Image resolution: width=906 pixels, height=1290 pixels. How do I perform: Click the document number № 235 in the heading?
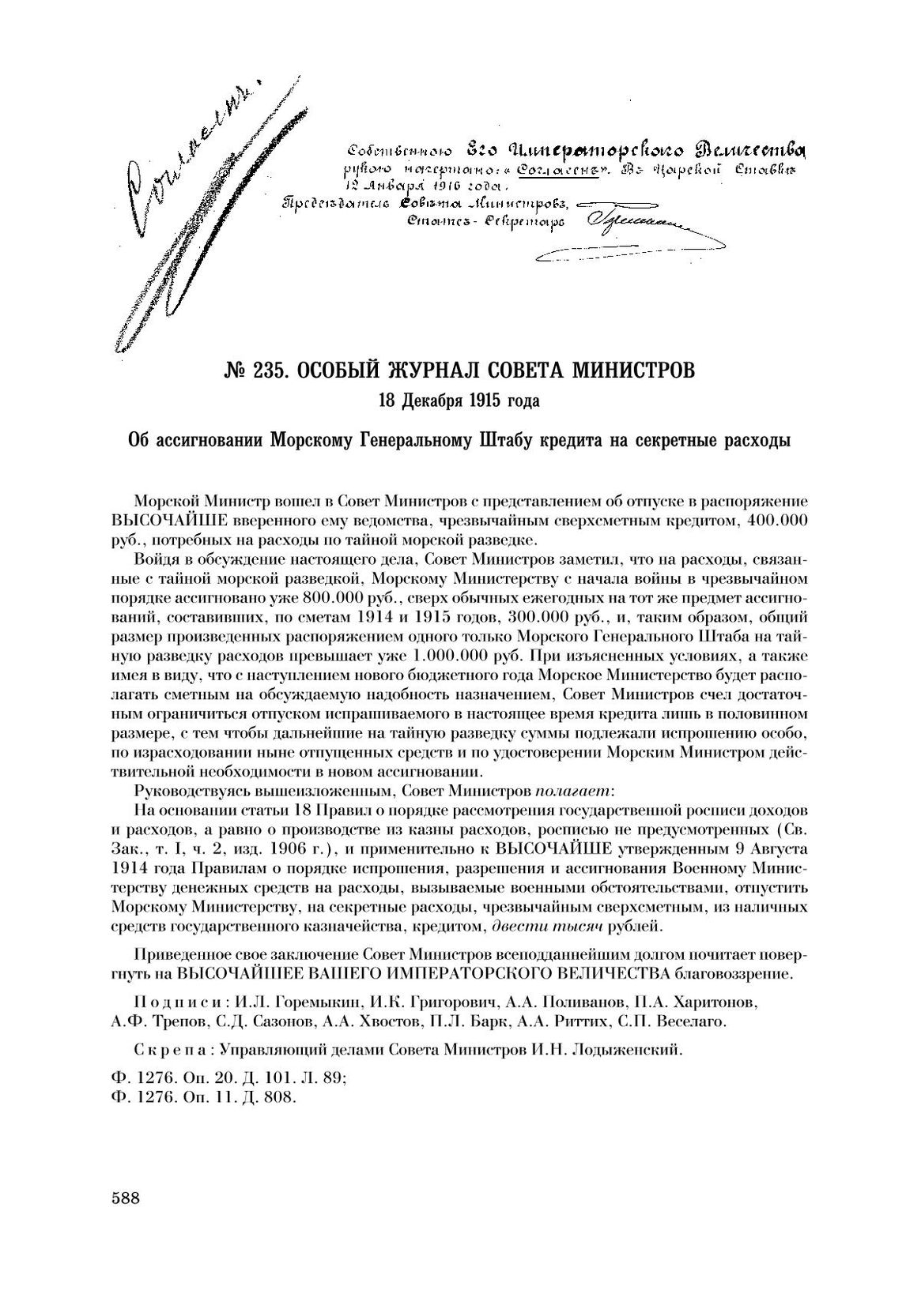click(251, 369)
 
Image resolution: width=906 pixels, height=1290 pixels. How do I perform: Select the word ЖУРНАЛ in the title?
click(430, 369)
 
